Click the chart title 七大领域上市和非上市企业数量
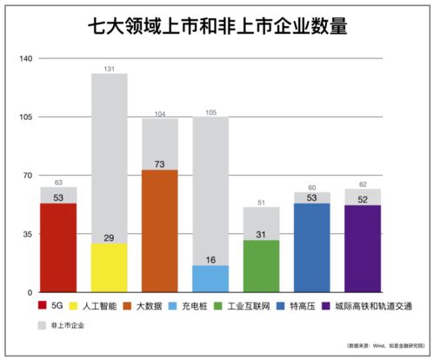point(217,26)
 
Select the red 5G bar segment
point(58,248)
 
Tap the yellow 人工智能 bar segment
point(109,268)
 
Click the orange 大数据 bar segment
point(159,231)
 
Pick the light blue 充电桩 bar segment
point(210,279)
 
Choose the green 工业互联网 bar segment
point(261,266)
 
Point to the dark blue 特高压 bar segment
point(311,248)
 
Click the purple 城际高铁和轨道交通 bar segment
point(363,249)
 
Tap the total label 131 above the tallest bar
point(109,69)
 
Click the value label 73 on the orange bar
point(159,163)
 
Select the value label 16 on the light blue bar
point(210,259)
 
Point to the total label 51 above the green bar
point(261,203)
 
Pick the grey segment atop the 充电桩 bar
point(210,191)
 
